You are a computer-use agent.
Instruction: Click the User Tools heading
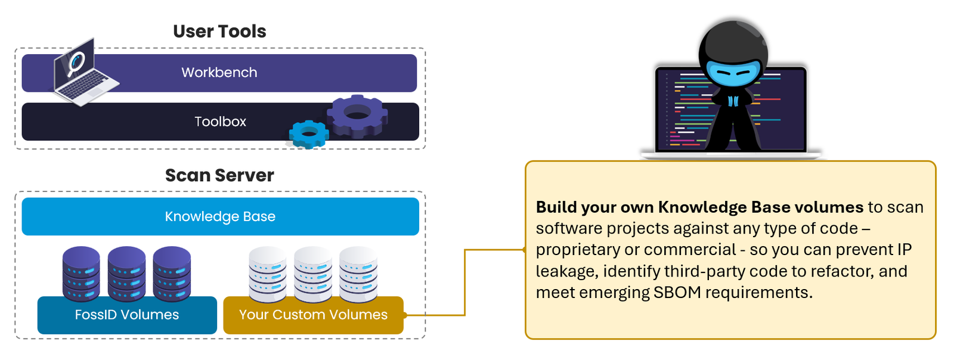219,31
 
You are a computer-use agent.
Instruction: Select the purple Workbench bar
219,73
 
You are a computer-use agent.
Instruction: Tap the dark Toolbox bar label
220,122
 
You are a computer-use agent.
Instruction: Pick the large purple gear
357,114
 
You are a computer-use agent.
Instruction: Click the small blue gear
308,134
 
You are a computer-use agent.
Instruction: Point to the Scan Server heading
219,175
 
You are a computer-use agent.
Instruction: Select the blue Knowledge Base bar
220,216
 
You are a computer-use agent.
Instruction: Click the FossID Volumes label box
127,315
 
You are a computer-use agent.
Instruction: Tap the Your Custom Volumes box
313,315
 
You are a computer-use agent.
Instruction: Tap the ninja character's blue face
733,73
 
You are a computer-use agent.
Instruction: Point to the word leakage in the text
566,272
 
